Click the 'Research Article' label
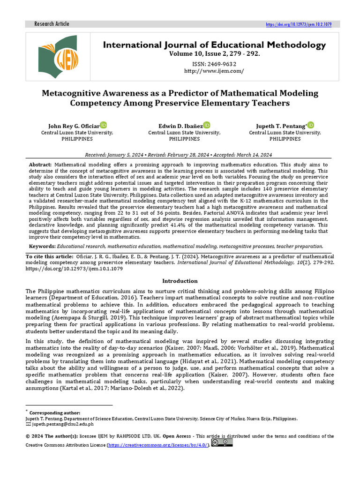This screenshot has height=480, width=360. click(x=52, y=24)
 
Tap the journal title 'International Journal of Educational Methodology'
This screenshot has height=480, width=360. click(x=214, y=45)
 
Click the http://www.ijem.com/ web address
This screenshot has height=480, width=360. click(x=214, y=71)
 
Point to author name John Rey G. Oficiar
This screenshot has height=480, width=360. click(x=74, y=126)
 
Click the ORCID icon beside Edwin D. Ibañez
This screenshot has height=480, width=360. click(x=207, y=125)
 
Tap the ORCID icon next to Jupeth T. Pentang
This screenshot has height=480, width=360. click(x=311, y=125)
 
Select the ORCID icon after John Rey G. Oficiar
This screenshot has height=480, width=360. click(x=104, y=125)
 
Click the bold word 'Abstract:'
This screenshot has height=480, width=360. click(x=41, y=165)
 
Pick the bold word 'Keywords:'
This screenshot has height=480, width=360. click(x=42, y=246)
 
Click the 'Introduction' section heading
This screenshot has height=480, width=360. click(x=180, y=281)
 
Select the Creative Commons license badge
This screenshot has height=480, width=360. click(x=222, y=442)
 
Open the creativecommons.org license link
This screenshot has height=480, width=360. click(x=157, y=445)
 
